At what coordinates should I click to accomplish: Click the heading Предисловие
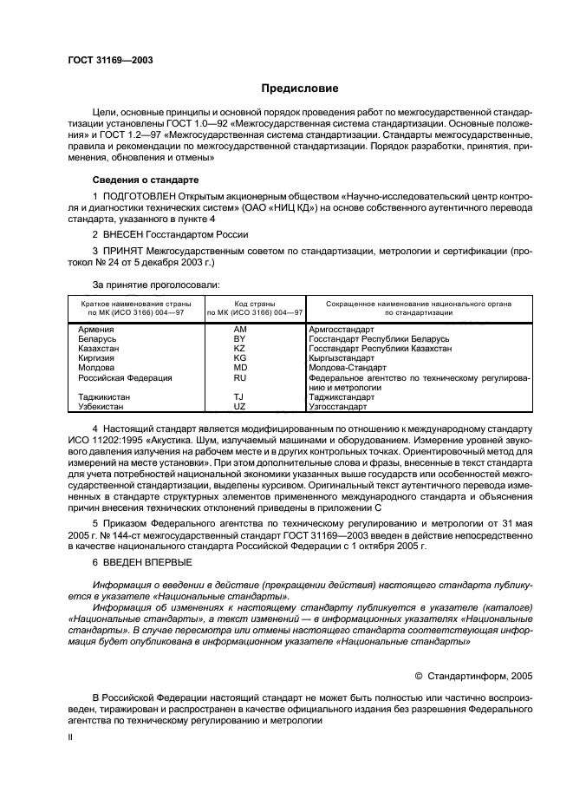pyautogui.click(x=300, y=88)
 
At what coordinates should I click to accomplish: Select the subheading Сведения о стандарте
pyautogui.click(x=146, y=180)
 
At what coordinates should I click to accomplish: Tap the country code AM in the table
pyautogui.click(x=241, y=330)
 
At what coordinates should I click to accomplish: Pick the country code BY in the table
pyautogui.click(x=241, y=339)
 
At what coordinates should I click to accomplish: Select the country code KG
pyautogui.click(x=241, y=358)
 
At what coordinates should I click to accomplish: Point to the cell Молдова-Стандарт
pyautogui.click(x=346, y=368)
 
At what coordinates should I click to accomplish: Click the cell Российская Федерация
pyautogui.click(x=125, y=378)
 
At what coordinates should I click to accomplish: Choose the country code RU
pyautogui.click(x=241, y=378)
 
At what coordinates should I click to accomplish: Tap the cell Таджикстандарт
pyautogui.click(x=343, y=396)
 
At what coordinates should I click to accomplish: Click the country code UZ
pyautogui.click(x=241, y=406)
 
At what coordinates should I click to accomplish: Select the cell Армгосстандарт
pyautogui.click(x=342, y=330)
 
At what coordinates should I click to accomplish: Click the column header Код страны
pyautogui.click(x=254, y=304)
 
